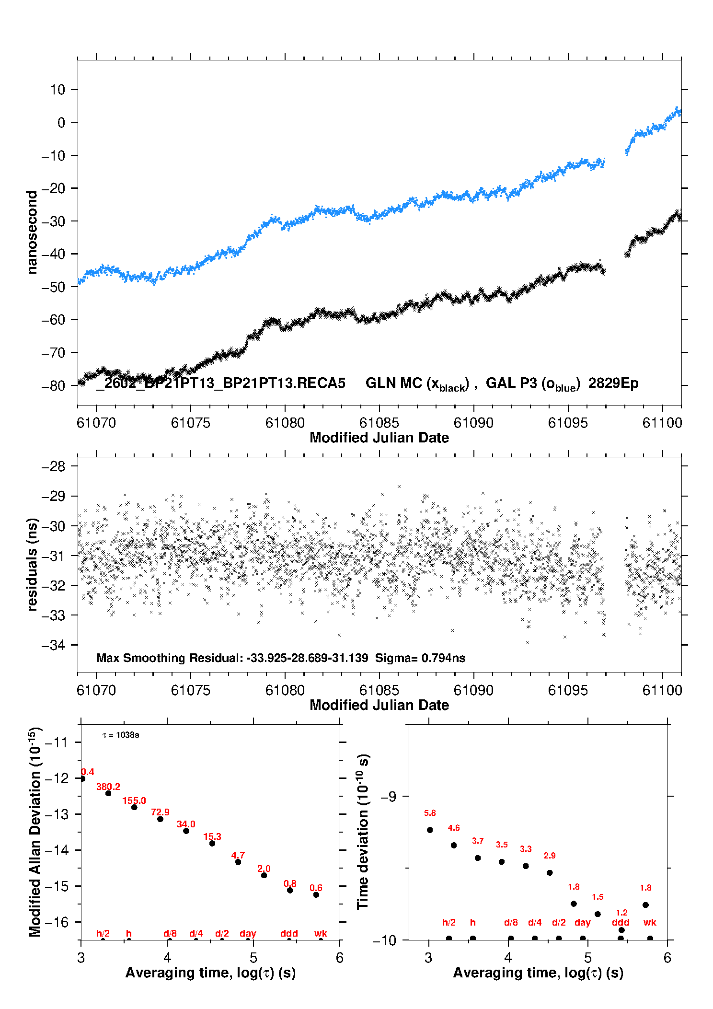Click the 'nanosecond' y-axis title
coord(32,232)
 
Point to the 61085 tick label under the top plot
coord(379,423)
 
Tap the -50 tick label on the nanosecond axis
coord(54,287)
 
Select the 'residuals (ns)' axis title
coord(32,564)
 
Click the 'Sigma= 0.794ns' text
coord(420,658)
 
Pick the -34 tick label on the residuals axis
coord(54,645)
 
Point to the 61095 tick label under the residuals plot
coord(568,690)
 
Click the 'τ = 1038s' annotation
coord(121,735)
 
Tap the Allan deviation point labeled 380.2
coord(108,793)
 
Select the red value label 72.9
coord(160,812)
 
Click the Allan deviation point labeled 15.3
coord(212,843)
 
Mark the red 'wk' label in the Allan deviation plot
coord(321,933)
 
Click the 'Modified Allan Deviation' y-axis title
coord(34,832)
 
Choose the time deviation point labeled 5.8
coord(430,830)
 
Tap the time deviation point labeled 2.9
coord(550,872)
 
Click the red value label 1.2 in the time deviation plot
coord(621,913)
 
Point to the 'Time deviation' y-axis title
coord(363,832)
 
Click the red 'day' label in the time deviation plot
coord(582,922)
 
